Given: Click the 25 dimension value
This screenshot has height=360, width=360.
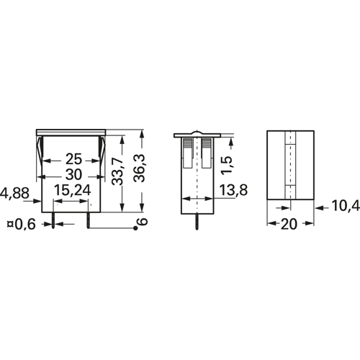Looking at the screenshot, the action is click(x=73, y=159).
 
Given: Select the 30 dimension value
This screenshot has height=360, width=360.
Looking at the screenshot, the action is click(x=73, y=175).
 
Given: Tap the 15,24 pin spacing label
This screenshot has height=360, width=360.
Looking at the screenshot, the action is click(x=73, y=190).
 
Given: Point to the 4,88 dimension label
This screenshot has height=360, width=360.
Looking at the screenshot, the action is click(x=14, y=193).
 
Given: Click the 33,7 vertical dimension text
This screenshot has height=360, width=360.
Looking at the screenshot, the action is click(x=117, y=171).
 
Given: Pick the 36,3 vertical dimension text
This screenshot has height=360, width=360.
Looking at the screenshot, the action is click(x=140, y=168).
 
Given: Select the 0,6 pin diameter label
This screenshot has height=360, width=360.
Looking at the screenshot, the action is click(x=25, y=225).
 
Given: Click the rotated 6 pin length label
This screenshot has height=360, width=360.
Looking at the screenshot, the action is click(x=143, y=221).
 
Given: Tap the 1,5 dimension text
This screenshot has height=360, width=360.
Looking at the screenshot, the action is click(x=226, y=165).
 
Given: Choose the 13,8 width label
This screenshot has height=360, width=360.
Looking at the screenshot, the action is click(x=233, y=190).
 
